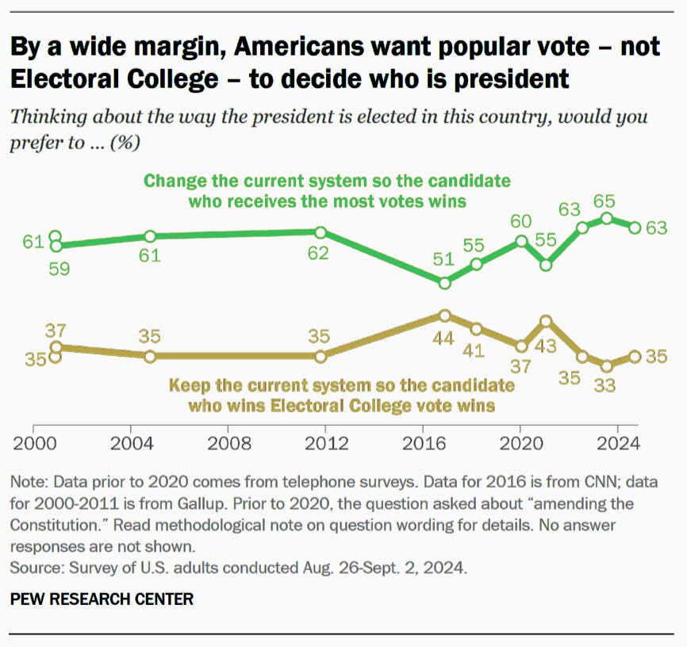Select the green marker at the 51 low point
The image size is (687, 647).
click(x=444, y=282)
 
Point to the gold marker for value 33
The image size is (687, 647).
click(x=607, y=366)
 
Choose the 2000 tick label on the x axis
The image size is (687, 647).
click(x=33, y=442)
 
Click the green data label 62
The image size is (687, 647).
click(x=319, y=255)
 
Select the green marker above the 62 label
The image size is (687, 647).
click(x=320, y=232)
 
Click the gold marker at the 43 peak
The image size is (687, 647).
click(x=546, y=321)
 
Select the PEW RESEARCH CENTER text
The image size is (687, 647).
click(x=102, y=599)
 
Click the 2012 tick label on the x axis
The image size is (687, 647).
click(x=324, y=442)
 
